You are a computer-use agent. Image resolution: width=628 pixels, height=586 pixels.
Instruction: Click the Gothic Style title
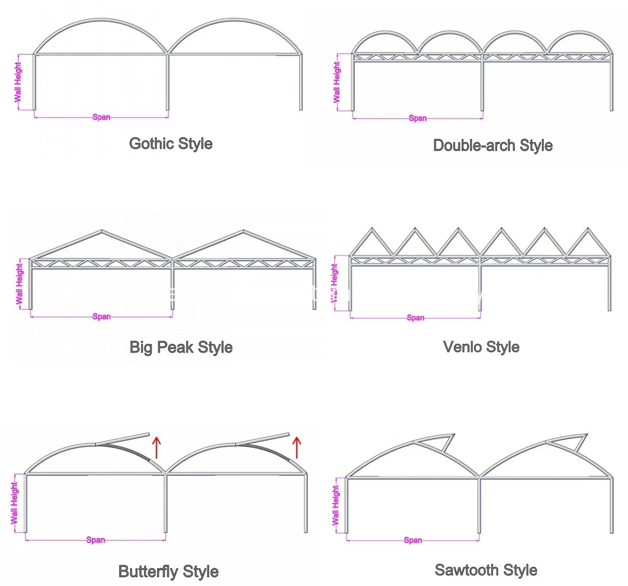pos(171,143)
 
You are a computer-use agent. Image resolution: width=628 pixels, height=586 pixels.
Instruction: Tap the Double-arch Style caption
pos(493,145)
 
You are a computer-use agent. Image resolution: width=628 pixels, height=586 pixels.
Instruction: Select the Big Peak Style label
pos(181,347)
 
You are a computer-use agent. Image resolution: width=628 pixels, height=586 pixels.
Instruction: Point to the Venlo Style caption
pos(481,347)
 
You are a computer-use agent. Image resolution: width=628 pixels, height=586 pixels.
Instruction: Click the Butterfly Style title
pos(168,572)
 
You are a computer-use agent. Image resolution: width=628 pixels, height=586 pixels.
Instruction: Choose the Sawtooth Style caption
pos(486,570)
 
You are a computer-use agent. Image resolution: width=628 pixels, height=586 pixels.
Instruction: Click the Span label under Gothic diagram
pos(101,117)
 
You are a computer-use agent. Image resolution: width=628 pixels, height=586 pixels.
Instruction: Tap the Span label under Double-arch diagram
pos(418,118)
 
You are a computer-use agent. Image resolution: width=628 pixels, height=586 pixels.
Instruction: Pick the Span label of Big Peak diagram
pos(101,316)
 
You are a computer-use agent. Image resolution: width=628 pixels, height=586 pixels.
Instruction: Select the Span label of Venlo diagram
pos(415,318)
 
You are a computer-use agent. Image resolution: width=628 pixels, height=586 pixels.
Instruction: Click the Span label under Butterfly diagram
pos(95,540)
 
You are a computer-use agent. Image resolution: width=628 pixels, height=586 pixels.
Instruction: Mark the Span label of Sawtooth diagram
pos(413,540)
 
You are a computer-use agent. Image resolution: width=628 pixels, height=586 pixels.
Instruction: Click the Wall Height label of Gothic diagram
pos(17,82)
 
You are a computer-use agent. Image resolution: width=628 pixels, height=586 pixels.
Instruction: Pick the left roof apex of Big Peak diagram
pos(102,231)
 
